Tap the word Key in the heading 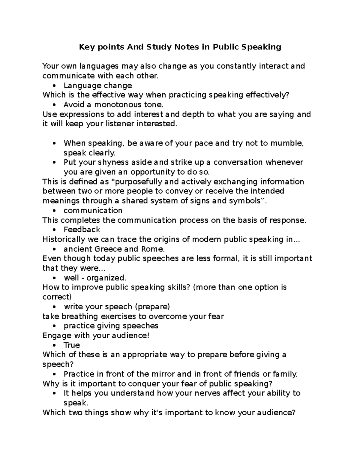click(x=85, y=47)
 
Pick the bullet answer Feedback click(x=82, y=230)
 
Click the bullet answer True click(x=72, y=345)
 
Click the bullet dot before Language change click(x=54, y=86)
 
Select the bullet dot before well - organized click(x=54, y=278)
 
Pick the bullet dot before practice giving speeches click(x=54, y=326)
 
